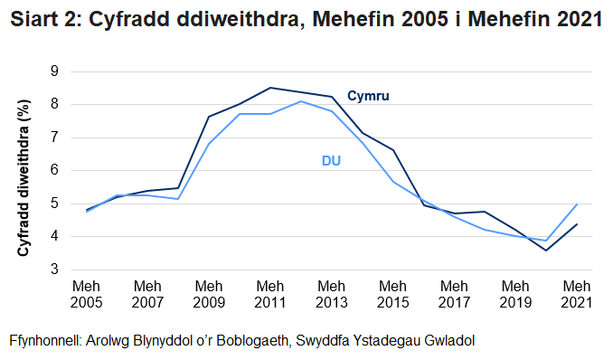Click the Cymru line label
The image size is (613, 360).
[369, 96]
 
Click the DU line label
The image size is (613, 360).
[331, 161]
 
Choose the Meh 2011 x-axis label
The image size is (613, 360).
[270, 293]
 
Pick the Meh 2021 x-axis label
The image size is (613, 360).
[577, 293]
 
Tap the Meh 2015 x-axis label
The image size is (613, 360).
[393, 293]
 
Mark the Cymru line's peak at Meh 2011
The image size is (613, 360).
[270, 88]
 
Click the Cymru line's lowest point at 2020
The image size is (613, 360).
[546, 251]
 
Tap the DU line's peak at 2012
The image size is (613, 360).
[301, 101]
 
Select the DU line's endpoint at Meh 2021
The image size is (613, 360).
[577, 204]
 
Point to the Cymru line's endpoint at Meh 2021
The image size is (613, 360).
[577, 224]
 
